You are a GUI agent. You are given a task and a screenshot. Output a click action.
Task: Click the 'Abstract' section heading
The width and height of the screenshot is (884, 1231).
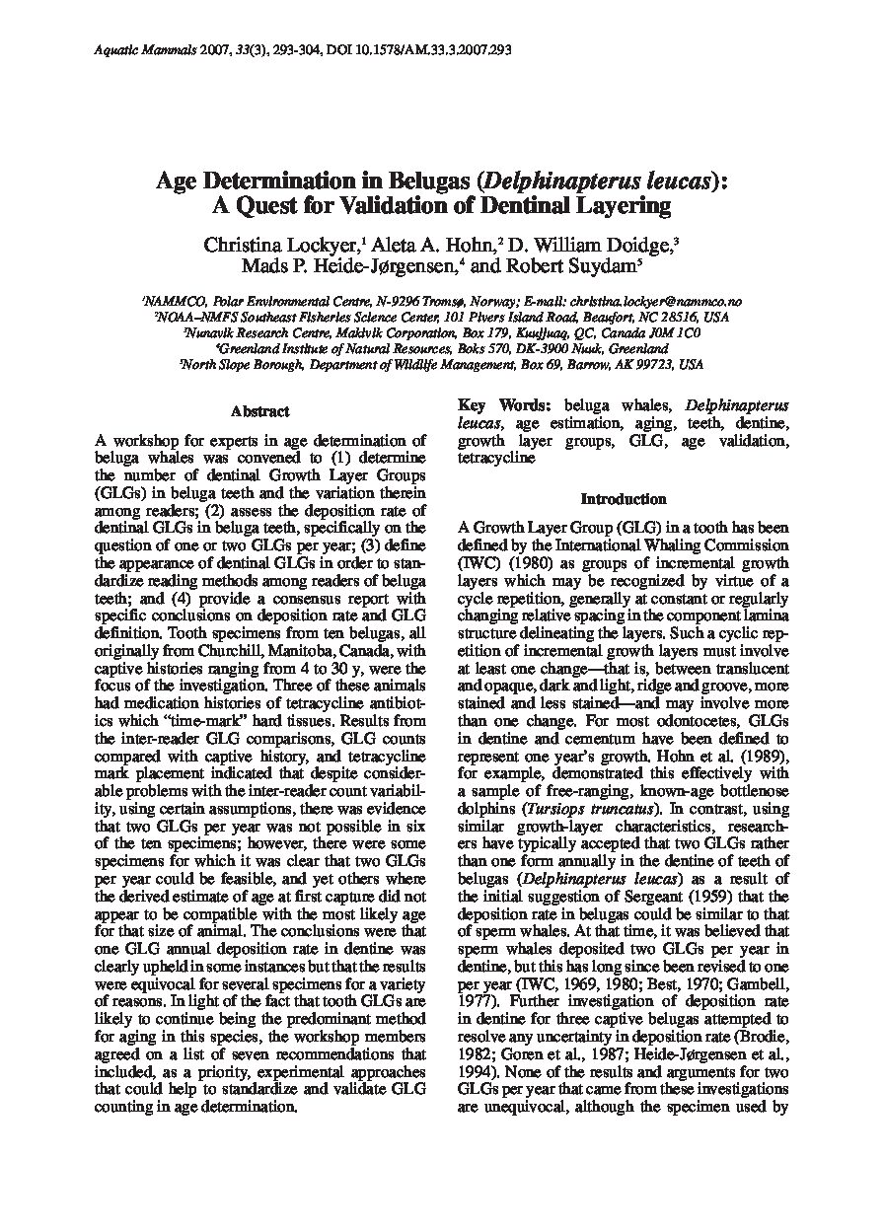tap(259, 411)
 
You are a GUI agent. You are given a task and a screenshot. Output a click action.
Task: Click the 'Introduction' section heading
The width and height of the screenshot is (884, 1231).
tap(623, 499)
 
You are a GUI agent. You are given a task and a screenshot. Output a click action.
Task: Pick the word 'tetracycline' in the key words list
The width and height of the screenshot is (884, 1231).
tap(497, 459)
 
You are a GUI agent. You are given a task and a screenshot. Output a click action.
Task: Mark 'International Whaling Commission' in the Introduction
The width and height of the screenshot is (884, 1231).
tap(668, 543)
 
